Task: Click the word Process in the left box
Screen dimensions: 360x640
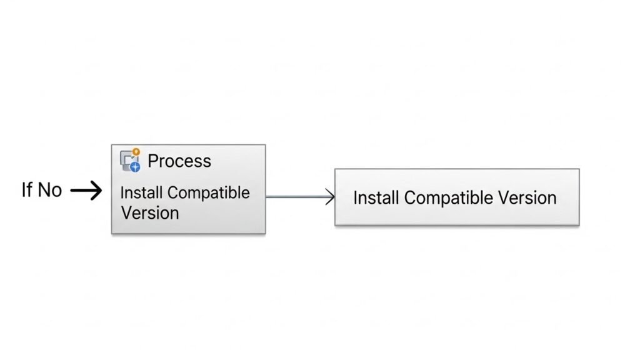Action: point(179,161)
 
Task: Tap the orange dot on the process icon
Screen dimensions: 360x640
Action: point(136,151)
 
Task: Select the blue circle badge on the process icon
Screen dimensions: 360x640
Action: point(134,166)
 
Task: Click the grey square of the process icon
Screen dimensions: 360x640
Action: point(127,160)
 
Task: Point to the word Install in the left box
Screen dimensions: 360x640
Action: point(135,192)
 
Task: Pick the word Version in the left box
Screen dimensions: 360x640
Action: point(150,212)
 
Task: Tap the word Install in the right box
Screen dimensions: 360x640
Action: point(376,198)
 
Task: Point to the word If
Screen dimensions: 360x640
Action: point(26,190)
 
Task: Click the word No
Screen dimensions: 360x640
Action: point(50,190)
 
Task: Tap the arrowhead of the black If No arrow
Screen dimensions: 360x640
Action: point(96,191)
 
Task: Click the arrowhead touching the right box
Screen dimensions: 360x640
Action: point(330,197)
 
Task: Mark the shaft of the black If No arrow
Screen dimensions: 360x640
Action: point(81,191)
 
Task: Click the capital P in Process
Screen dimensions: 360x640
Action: point(153,161)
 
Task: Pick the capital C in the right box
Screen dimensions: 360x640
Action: point(409,198)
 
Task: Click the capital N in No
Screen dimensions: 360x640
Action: point(45,190)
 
